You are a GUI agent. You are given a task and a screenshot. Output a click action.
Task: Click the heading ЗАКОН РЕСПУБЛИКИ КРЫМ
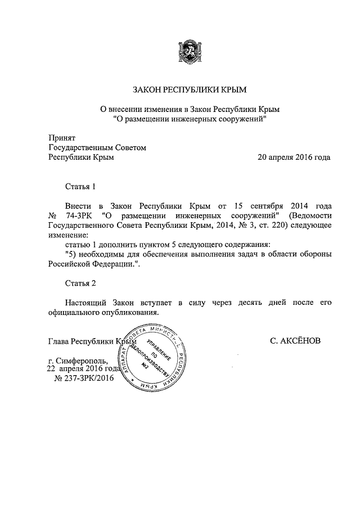pos(189,89)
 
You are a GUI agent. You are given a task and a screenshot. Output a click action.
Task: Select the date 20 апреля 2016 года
pos(294,157)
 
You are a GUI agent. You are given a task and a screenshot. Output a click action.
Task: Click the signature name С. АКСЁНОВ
pos(296,341)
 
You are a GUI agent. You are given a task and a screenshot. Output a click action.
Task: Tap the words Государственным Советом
pos(98,147)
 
